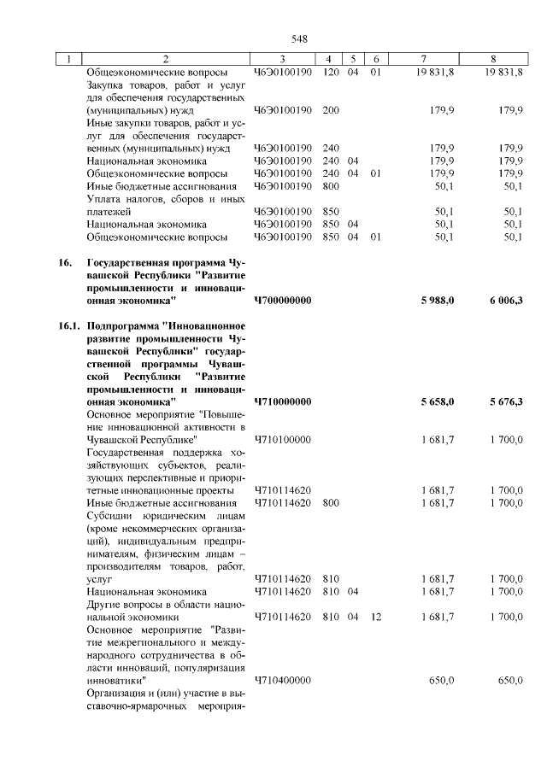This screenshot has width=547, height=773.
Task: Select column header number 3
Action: click(x=284, y=59)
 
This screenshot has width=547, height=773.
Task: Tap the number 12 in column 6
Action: click(x=375, y=616)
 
